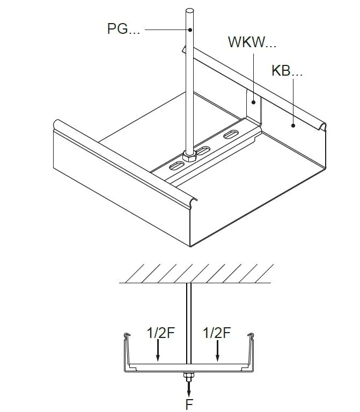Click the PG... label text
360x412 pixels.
pos(123,28)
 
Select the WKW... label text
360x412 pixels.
pos(252,42)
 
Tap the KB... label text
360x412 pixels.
pos(286,70)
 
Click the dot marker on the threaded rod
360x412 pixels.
pos(190,30)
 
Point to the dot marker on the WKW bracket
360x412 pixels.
pos(253,102)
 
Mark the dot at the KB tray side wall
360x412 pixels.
pos(293,126)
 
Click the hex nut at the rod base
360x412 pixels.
pos(189,156)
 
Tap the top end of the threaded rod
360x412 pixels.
pos(190,11)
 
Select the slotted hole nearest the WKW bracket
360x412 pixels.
pos(231,134)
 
